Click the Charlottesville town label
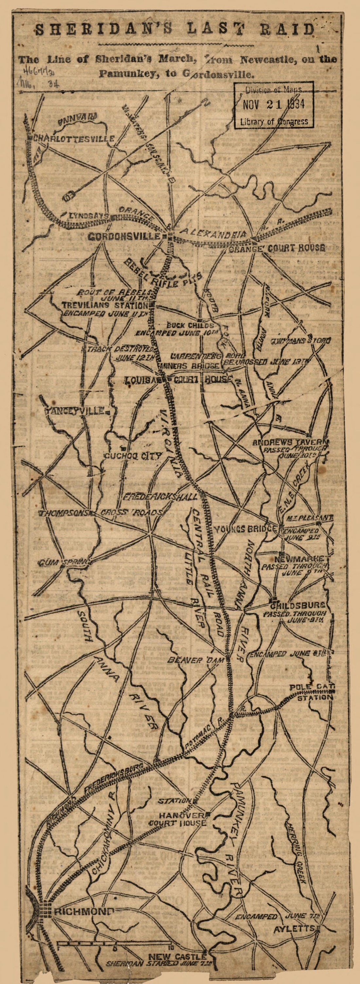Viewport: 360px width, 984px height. click(73, 138)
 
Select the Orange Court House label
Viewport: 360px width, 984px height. click(278, 248)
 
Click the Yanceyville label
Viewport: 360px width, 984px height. click(75, 411)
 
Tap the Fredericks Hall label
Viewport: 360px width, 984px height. click(160, 497)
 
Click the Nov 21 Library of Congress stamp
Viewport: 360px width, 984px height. click(274, 105)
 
